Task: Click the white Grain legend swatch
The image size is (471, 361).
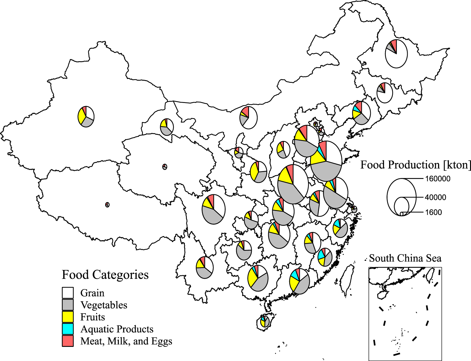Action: (68, 293)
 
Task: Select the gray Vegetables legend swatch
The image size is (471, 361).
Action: (68, 305)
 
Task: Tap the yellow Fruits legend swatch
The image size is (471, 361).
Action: (68, 317)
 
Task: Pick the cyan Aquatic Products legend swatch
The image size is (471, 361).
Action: (68, 329)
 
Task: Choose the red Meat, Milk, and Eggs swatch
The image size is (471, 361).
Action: (68, 341)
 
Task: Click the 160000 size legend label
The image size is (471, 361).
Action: (437, 179)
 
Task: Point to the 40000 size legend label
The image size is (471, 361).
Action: (435, 197)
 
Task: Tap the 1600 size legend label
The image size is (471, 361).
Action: (433, 213)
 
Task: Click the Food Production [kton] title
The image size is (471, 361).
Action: (415, 165)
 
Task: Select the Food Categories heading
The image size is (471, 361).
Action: (105, 275)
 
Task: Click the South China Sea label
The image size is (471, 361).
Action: (405, 258)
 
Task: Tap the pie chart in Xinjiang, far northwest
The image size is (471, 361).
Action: (86, 116)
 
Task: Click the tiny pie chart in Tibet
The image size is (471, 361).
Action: (107, 205)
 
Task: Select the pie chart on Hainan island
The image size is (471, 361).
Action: (265, 322)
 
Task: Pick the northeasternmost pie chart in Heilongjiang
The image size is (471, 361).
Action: (396, 54)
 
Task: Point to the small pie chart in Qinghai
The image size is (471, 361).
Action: (165, 167)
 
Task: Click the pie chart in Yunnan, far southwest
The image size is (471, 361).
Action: (205, 267)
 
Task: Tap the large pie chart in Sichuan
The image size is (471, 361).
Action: (214, 209)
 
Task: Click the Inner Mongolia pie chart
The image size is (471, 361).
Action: (249, 117)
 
